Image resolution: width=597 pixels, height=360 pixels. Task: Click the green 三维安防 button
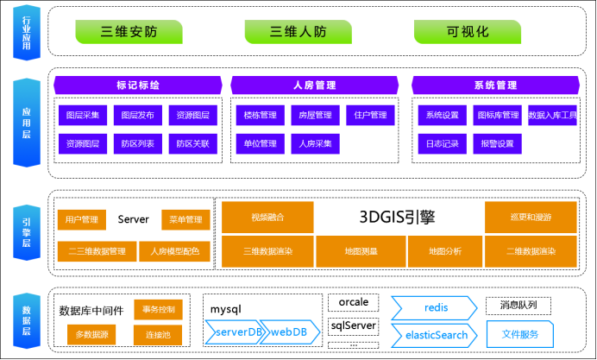click(129, 32)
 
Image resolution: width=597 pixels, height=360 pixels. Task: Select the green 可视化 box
click(468, 32)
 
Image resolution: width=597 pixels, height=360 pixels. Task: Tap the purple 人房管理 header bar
click(314, 85)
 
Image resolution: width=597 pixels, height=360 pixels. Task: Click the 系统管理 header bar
click(495, 85)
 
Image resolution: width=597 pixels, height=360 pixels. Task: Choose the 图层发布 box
click(137, 115)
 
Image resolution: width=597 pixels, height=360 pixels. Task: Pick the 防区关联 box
click(192, 143)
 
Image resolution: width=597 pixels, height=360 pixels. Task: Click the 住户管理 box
click(370, 115)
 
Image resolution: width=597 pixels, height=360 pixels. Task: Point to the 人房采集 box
click(315, 143)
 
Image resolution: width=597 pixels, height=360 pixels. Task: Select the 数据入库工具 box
click(552, 115)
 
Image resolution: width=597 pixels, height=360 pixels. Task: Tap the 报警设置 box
click(497, 143)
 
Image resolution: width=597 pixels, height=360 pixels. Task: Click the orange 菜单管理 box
click(185, 219)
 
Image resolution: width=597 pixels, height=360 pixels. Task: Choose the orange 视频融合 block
click(267, 218)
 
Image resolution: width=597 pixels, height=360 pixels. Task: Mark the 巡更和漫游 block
click(531, 218)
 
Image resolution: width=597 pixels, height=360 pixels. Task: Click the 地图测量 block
click(361, 251)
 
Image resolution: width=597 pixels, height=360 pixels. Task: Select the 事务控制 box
click(158, 309)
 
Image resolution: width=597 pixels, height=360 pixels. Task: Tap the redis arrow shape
click(434, 307)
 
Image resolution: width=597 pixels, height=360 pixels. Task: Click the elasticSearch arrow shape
click(434, 335)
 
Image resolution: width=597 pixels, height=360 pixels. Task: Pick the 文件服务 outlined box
click(519, 334)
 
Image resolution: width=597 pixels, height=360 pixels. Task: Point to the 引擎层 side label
click(26, 232)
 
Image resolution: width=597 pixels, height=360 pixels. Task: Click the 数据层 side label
click(26, 320)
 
